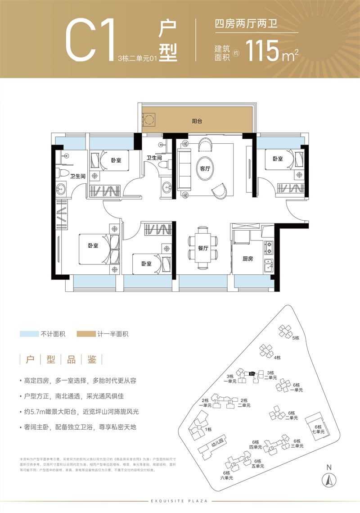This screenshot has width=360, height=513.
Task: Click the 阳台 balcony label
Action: pos(197,121)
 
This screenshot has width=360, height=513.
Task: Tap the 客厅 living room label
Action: pos(205,169)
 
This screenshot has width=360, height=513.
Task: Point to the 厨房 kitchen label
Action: pos(248,259)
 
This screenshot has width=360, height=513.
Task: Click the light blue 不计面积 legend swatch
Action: pos(29,334)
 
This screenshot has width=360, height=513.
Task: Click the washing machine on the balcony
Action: pos(149,119)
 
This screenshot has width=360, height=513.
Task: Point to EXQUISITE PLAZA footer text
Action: pos(180,500)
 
